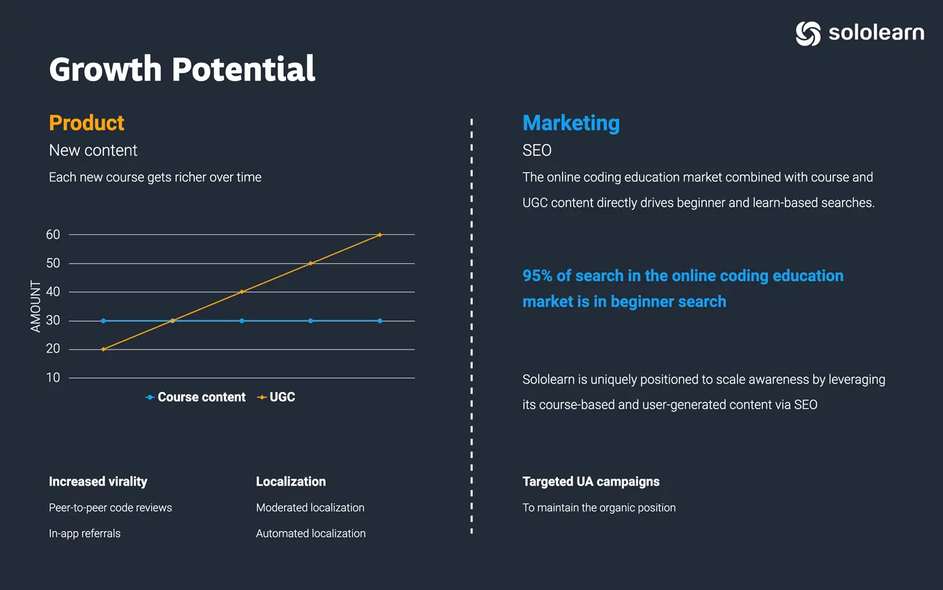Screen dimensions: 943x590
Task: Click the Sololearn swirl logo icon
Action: click(808, 33)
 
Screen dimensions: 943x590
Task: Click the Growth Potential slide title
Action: click(182, 69)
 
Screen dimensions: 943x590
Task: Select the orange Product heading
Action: click(86, 123)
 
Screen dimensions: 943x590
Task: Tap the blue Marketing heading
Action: click(571, 124)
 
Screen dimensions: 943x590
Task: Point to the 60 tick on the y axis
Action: click(53, 234)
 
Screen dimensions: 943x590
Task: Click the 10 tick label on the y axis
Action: click(53, 377)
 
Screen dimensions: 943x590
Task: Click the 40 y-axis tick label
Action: click(53, 291)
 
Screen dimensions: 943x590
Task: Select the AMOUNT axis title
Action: click(35, 306)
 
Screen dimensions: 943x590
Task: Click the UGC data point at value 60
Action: click(380, 235)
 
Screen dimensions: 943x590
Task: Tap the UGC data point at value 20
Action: click(103, 349)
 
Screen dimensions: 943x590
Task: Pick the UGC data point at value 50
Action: click(310, 263)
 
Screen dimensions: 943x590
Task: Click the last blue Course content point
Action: click(380, 320)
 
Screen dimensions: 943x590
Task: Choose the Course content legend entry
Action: click(195, 397)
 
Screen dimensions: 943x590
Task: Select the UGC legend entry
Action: click(276, 397)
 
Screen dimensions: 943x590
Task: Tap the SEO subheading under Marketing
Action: click(537, 151)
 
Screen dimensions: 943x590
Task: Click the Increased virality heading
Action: click(98, 481)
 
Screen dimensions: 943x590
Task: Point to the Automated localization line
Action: click(310, 533)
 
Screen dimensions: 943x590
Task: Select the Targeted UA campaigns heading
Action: click(591, 482)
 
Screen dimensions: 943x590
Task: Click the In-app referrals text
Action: click(85, 533)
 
